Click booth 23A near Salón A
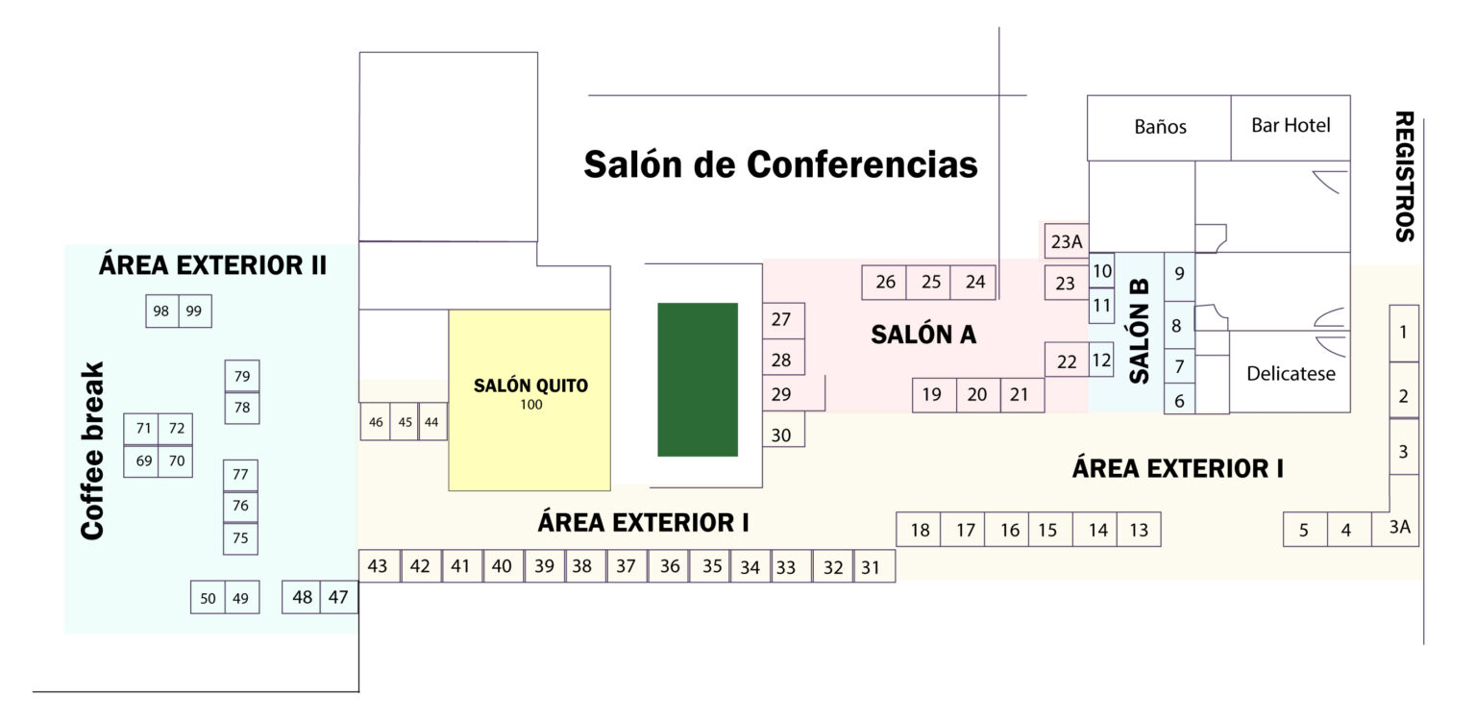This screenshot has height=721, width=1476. coord(1066,241)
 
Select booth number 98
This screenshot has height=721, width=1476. coord(161,311)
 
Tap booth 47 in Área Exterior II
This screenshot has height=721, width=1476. coord(338,597)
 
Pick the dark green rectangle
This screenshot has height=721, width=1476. coord(698,380)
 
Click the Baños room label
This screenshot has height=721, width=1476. coord(1160,126)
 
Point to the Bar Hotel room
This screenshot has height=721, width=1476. coord(1291,125)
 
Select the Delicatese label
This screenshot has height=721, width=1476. coord(1291,373)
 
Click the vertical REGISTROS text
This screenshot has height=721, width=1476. coord(1404,176)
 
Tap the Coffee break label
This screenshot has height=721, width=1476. coord(92,450)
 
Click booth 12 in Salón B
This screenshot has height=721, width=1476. coord(1101,360)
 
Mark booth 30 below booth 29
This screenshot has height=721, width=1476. coord(782,435)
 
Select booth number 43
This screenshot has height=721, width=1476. coord(378,566)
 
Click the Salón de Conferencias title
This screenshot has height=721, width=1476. coord(780,164)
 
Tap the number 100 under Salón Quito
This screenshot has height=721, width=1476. coord(530,405)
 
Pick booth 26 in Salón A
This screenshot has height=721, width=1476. coord(885,282)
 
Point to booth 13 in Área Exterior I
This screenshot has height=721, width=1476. coord(1139,530)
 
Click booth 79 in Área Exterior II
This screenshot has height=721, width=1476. coord(241,376)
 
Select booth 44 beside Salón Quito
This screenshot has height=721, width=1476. coord(431,422)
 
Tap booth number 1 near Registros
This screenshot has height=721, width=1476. coord(1403,333)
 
